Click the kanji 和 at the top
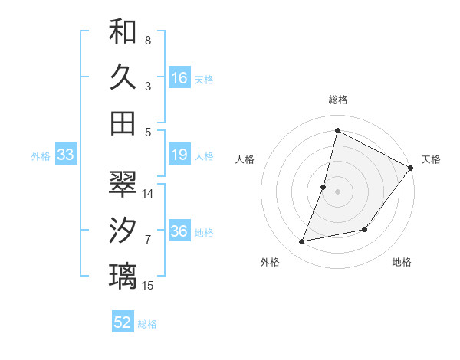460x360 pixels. (123, 31)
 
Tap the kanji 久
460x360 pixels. (123, 77)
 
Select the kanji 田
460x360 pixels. (123, 123)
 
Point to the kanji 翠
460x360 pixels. (123, 184)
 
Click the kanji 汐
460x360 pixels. (123, 230)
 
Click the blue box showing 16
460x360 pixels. (179, 77)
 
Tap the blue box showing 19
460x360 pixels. (179, 155)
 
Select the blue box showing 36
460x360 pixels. (179, 232)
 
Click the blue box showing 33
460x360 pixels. (66, 155)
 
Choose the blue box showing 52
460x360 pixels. (123, 322)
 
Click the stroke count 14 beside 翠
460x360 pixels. (149, 193)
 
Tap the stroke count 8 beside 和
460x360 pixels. (148, 40)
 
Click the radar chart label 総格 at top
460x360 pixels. (337, 100)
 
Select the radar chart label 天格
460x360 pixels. (431, 159)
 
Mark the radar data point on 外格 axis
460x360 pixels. (302, 241)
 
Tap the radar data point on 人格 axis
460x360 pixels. (324, 187)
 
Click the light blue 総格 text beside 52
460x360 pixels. (147, 324)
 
